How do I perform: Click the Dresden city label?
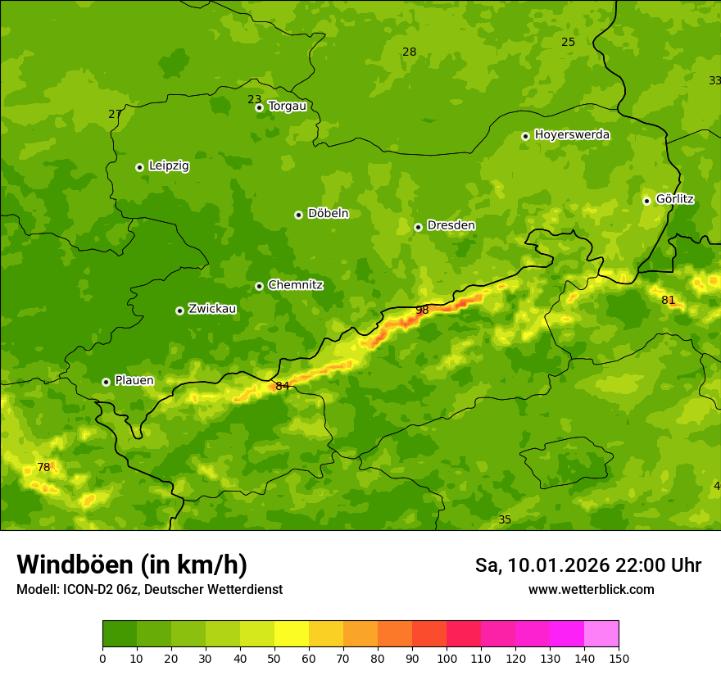click(451, 225)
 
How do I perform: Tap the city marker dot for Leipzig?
click(139, 167)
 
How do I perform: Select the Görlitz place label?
click(674, 199)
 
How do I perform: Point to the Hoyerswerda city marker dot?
click(525, 136)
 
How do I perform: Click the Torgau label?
click(287, 106)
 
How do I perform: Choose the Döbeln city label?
click(328, 214)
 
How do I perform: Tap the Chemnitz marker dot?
click(259, 286)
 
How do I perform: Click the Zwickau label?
click(212, 309)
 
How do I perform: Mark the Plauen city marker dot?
click(106, 382)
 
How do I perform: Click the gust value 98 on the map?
click(422, 311)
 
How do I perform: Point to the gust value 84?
click(283, 386)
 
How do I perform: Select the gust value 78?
click(43, 468)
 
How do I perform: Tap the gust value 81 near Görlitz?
click(669, 301)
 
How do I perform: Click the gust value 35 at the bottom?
click(505, 520)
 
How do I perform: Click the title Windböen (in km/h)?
click(132, 564)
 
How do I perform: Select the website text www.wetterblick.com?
click(591, 590)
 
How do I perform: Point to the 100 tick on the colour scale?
click(447, 658)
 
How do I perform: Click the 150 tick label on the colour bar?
click(619, 658)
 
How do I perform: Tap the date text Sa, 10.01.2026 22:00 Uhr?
click(587, 565)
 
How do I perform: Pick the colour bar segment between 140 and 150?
click(601, 634)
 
